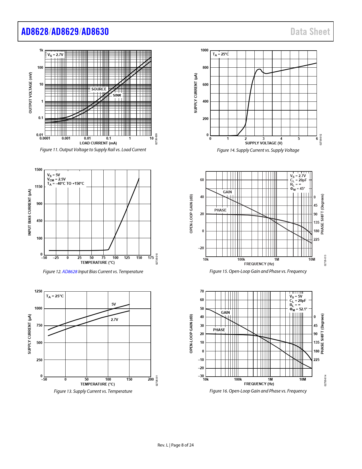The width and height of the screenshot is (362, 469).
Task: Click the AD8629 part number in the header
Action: (x=65, y=32)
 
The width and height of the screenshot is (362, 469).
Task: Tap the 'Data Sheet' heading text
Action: (x=310, y=32)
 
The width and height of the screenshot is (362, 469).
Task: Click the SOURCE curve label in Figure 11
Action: (x=99, y=89)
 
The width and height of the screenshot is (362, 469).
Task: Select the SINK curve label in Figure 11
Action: (x=117, y=95)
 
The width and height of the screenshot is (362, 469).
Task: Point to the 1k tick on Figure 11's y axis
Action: (x=41, y=50)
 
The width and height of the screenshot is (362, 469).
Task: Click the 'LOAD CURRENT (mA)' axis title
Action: (x=98, y=143)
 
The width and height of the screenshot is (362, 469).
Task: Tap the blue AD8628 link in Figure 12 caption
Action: (x=70, y=271)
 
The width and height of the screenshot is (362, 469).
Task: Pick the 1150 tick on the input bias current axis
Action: (x=38, y=187)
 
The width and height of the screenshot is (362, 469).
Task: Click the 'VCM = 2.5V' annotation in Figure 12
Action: (x=56, y=179)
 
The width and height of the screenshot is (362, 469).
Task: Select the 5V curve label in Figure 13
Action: (x=114, y=304)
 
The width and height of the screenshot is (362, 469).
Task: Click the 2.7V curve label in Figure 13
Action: (x=114, y=319)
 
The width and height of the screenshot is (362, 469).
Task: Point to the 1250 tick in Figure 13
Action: (x=38, y=291)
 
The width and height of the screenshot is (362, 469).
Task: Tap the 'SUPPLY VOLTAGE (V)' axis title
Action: (x=264, y=143)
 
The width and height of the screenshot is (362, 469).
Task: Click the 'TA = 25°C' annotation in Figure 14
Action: (x=221, y=54)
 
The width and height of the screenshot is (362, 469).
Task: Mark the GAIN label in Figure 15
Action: (x=227, y=192)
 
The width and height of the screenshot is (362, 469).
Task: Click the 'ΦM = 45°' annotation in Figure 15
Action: (x=297, y=189)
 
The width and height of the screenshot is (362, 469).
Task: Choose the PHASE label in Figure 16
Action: (x=219, y=330)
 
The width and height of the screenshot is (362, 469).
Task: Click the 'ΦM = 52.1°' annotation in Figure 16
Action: (x=298, y=309)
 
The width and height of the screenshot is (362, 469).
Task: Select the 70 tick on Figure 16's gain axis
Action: (x=202, y=291)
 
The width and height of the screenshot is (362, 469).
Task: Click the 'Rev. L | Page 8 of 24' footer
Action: (x=176, y=445)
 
